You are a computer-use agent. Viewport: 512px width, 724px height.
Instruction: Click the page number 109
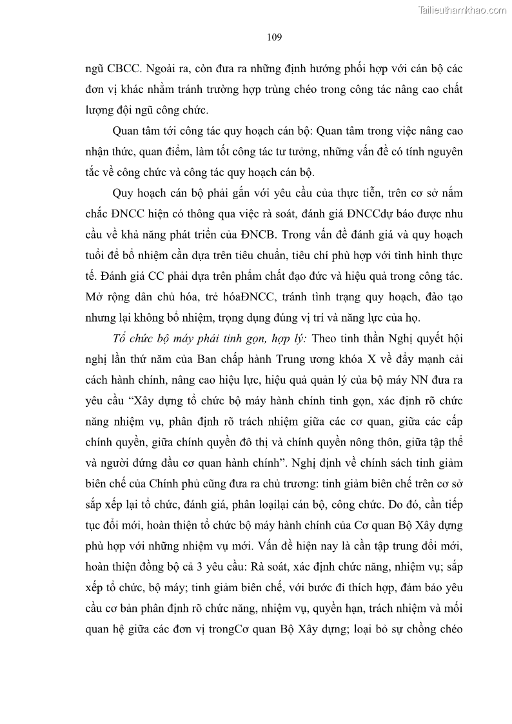pos(274,37)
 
